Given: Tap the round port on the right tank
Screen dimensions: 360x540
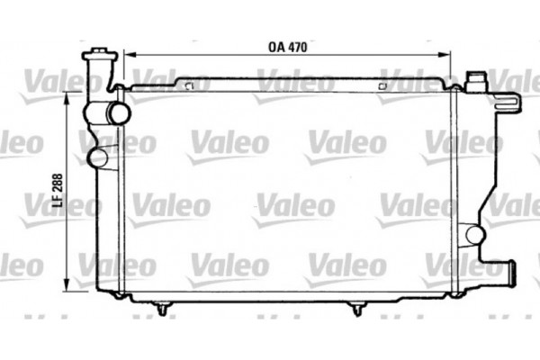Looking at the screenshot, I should [x=475, y=236].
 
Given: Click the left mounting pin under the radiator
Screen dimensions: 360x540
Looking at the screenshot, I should [x=161, y=310].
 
